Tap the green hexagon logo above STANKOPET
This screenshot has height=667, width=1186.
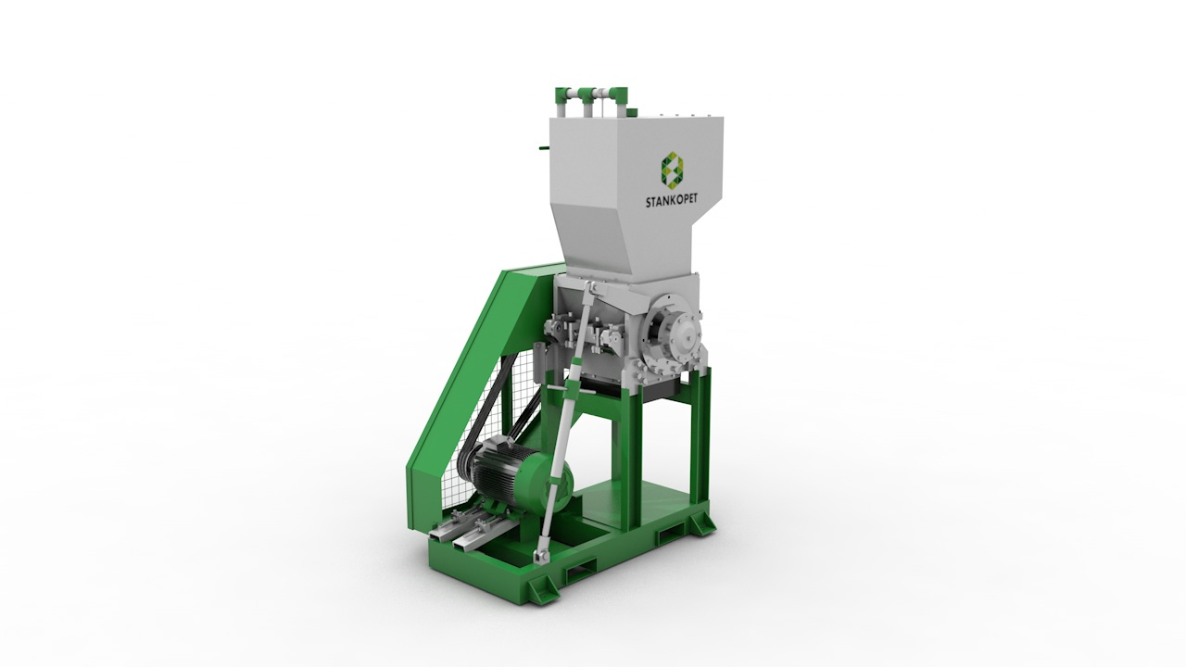(673, 170)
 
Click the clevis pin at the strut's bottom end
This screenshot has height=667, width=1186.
(538, 555)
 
